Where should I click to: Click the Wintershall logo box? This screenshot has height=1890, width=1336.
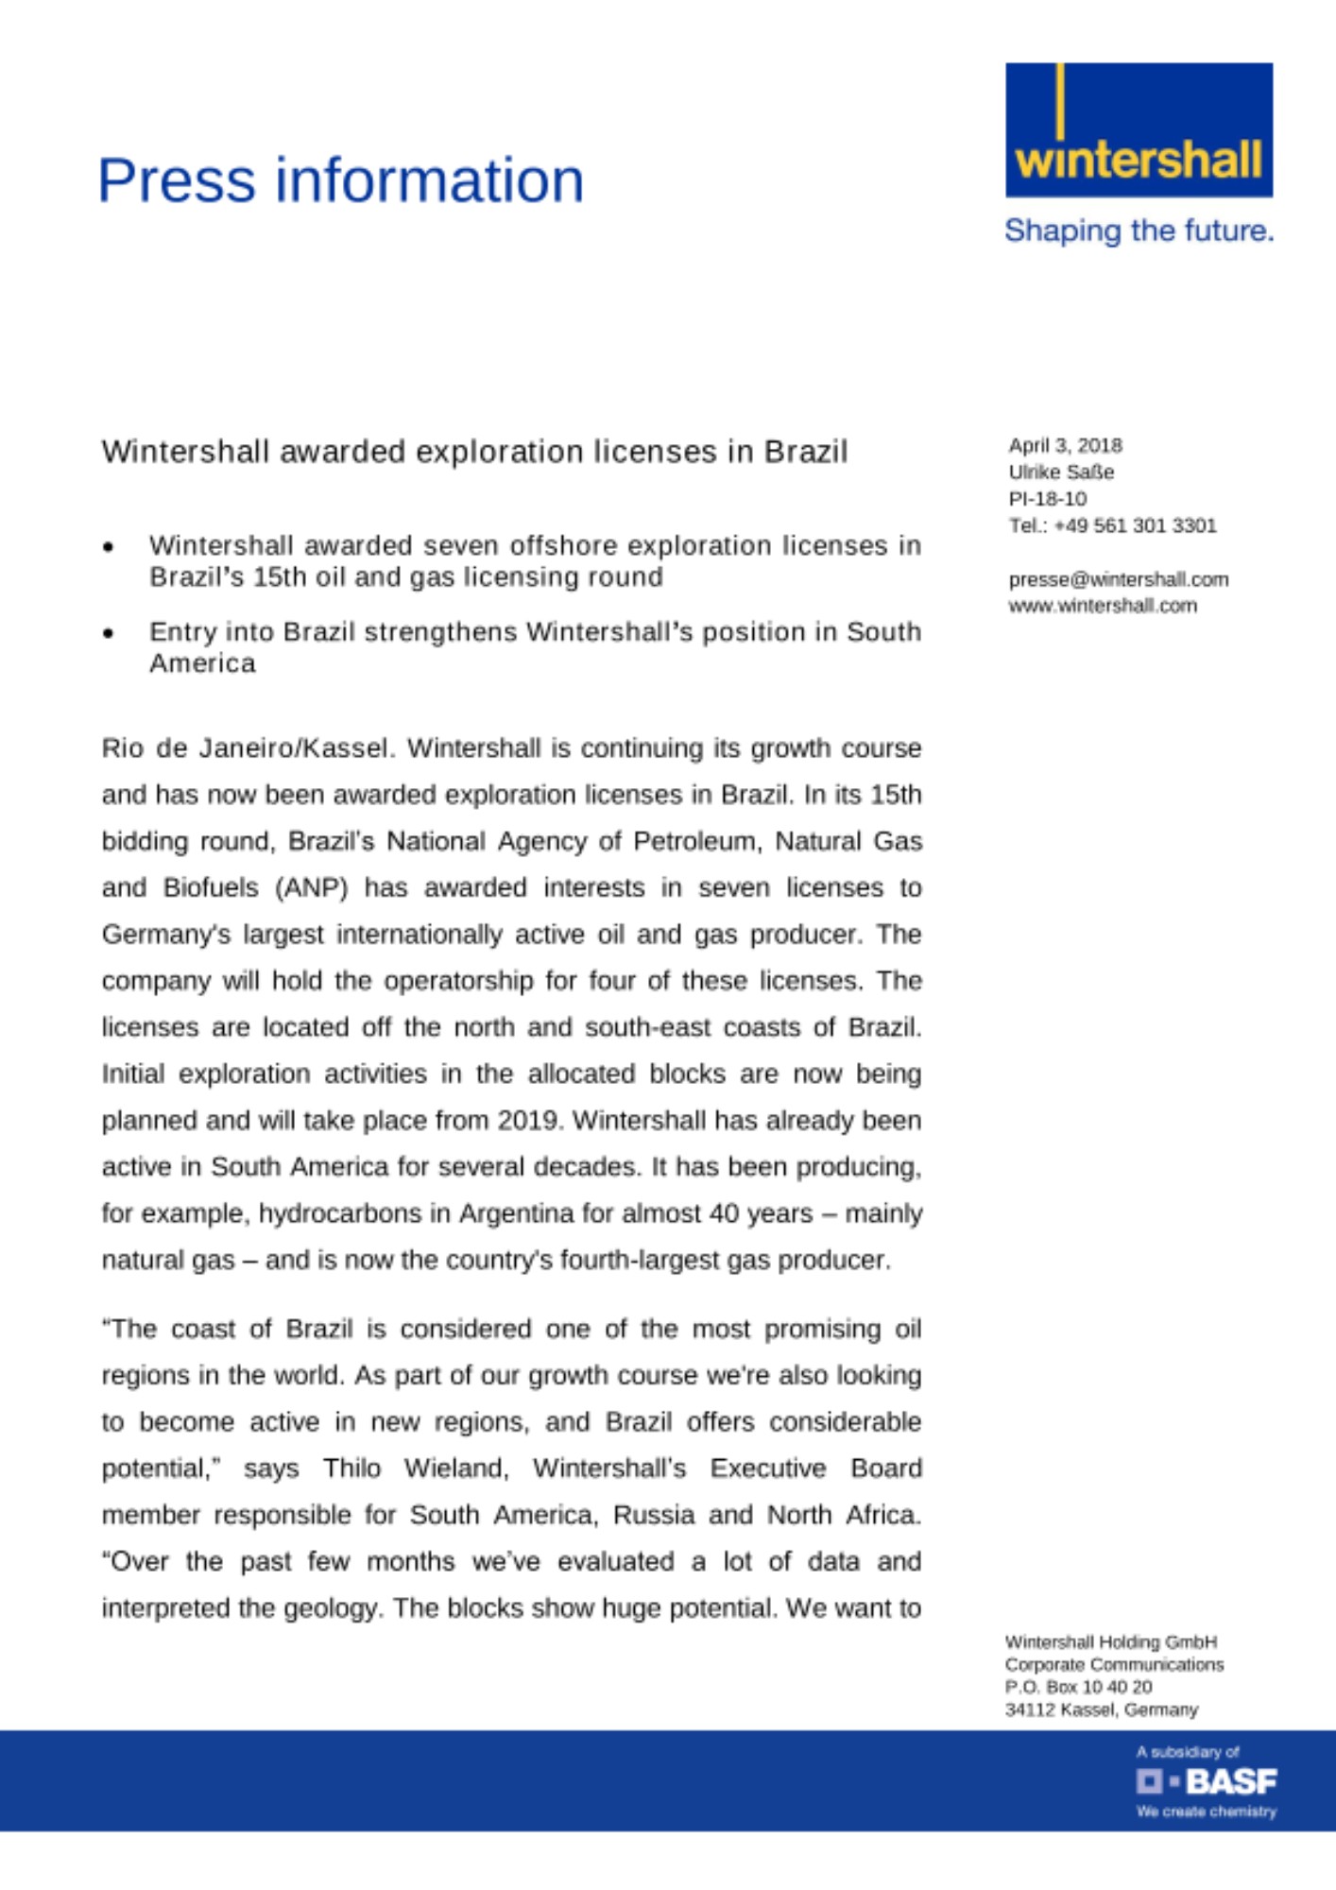[1139, 129]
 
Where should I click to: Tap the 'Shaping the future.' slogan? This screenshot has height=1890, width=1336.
[1139, 231]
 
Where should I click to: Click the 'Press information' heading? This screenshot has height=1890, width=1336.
[340, 180]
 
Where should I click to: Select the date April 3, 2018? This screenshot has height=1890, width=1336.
[1065, 445]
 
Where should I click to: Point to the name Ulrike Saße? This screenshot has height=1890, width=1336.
[1061, 472]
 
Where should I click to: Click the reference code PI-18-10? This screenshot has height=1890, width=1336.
[1047, 498]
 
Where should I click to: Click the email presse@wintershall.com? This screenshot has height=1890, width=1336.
[1118, 578]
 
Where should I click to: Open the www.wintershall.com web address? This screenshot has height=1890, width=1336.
[1102, 605]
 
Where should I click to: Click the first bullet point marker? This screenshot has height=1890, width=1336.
[110, 546]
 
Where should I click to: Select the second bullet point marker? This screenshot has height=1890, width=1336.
[110, 632]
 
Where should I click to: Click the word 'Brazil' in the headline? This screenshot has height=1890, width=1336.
[805, 452]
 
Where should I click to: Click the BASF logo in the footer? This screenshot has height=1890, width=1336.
[1206, 1781]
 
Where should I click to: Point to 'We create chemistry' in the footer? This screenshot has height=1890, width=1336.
[1206, 1812]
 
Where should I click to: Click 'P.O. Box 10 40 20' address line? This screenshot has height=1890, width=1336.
[1078, 1687]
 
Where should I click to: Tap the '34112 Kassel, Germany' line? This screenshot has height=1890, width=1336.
[1101, 1710]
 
